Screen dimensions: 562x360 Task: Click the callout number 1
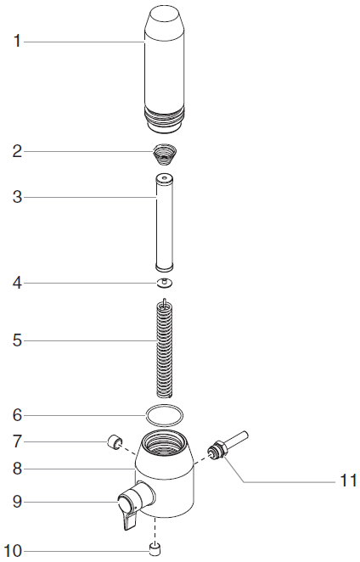[17, 40]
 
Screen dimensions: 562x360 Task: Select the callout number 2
[17, 152]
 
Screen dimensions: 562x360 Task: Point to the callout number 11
[347, 481]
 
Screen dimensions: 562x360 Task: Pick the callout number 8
[17, 467]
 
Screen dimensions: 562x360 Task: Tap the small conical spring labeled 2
[163, 155]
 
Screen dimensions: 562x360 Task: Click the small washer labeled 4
[163, 282]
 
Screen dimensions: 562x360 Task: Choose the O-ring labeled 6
[164, 414]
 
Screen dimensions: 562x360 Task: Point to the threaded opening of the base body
[165, 442]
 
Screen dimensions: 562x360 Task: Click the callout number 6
[17, 415]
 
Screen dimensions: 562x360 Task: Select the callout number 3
[17, 197]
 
